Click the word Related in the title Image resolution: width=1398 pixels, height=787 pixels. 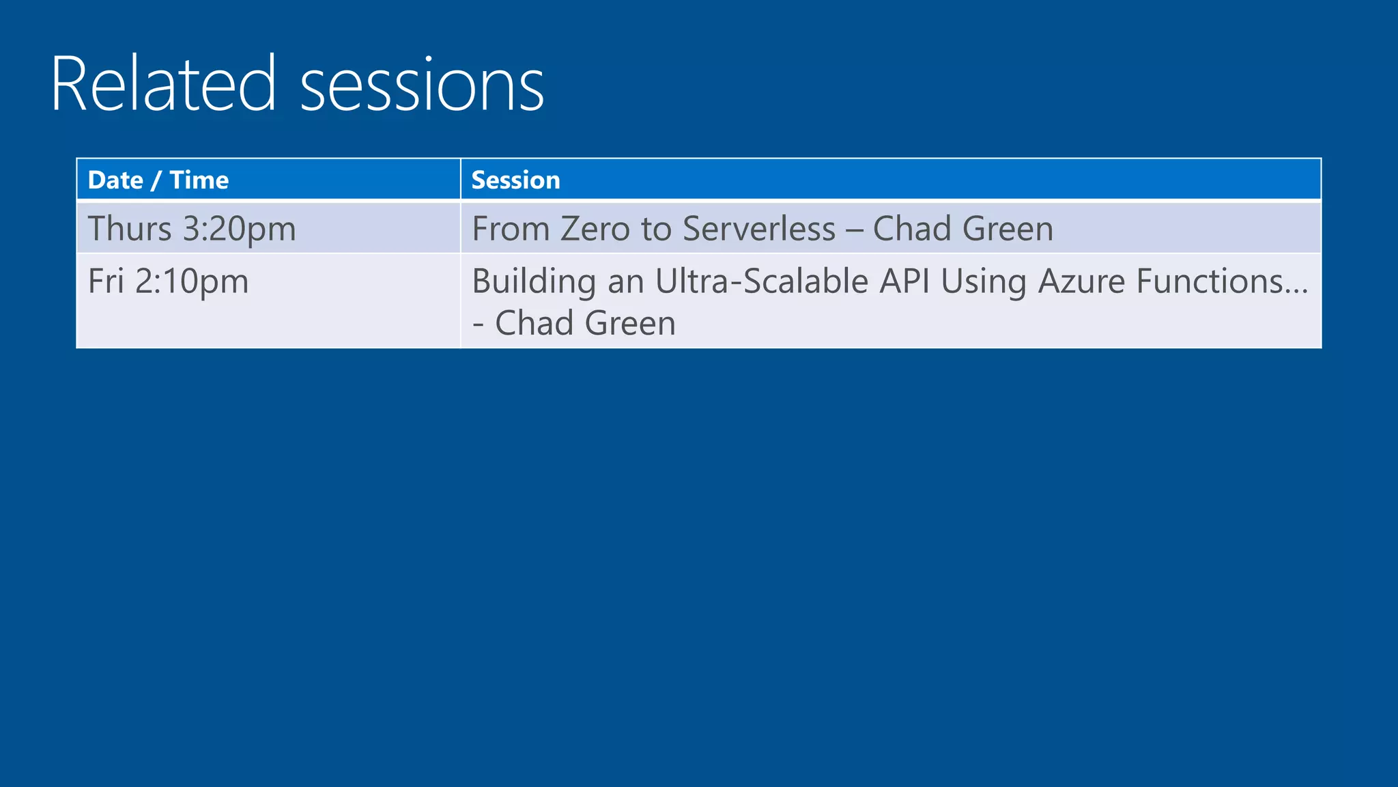(163, 85)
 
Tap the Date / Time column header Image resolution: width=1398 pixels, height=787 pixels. (158, 180)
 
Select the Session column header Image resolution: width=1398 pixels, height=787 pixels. (515, 180)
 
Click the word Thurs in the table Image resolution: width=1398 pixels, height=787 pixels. (130, 228)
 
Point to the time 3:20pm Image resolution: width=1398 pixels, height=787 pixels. (239, 230)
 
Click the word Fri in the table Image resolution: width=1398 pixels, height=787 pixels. (106, 281)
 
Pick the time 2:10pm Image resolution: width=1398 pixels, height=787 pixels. (192, 282)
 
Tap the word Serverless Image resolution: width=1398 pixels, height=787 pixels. (758, 228)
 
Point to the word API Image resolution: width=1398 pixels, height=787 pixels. (904, 281)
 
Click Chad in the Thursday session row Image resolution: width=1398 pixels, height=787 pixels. (912, 228)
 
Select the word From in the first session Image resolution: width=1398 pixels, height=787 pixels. (511, 228)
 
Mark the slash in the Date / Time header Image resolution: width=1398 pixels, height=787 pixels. (156, 181)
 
